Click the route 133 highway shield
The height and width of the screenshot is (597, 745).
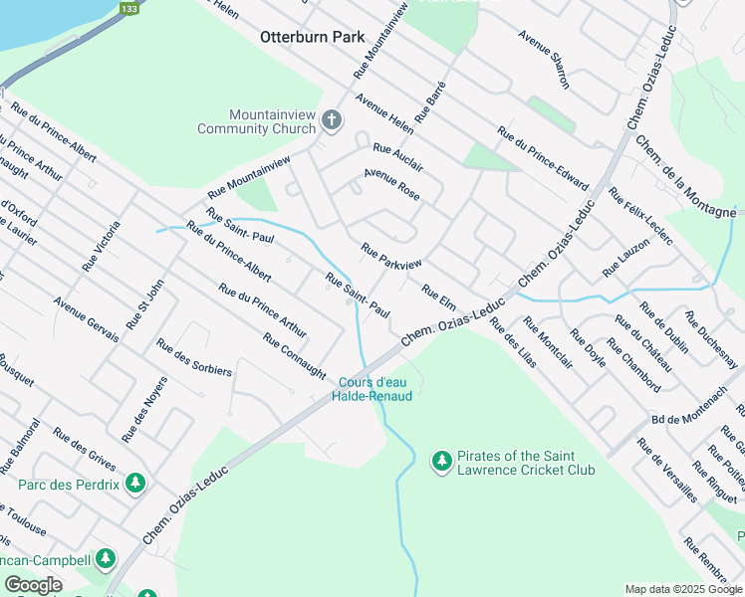pos(128,8)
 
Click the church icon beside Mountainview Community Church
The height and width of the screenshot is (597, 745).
pos(332,121)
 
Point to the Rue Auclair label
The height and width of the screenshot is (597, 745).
pos(397,156)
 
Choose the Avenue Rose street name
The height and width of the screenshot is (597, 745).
pos(391,183)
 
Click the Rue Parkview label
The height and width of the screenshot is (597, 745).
pos(391,256)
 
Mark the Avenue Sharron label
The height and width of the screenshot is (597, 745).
pos(544,59)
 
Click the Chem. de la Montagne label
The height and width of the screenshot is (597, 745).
pos(686,176)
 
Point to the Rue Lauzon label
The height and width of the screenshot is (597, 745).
pos(625,258)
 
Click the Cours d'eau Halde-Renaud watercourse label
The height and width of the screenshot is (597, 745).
pos(374,389)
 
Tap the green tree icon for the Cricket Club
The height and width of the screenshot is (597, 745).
pos(442,461)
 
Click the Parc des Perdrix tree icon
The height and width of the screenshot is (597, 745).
pos(135,485)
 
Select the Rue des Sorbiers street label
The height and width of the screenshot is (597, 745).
pos(193,357)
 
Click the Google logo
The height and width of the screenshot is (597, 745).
pos(33,585)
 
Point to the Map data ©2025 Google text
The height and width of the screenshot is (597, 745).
pos(682,589)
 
